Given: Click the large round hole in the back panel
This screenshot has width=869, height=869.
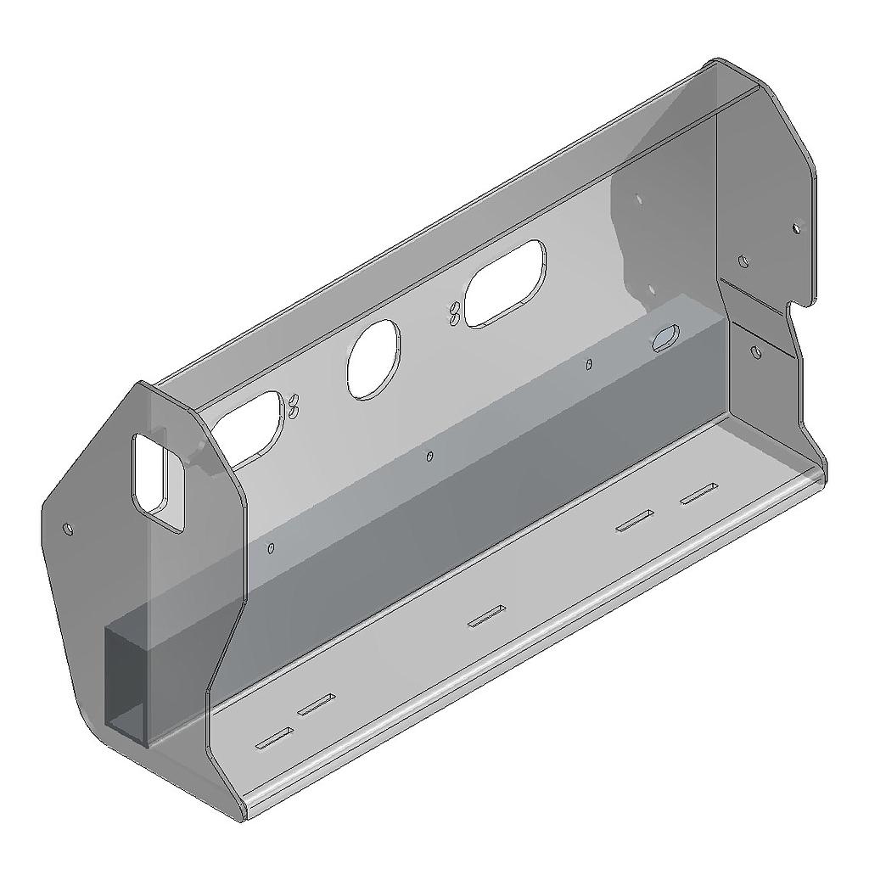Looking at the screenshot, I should pos(373,358).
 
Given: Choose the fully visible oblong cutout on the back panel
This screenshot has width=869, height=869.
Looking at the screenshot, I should pos(505,284).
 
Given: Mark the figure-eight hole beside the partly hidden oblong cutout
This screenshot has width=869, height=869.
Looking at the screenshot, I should pos(294,406).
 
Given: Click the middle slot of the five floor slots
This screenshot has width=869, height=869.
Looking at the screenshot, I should pos(487,617).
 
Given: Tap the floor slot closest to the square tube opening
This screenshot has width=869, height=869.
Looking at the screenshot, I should pos(274,740).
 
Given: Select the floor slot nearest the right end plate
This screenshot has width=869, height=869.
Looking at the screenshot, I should pos(698,493).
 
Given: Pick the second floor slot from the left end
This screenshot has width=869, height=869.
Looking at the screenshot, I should pos(317,704).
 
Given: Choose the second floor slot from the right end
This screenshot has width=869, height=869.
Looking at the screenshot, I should pos(635,520).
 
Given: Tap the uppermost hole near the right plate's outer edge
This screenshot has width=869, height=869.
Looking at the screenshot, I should pos(795,229).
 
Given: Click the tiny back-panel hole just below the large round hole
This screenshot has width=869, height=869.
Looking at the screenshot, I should pos(430,457).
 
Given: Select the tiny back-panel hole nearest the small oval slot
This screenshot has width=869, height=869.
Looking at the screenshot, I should pos(590,365).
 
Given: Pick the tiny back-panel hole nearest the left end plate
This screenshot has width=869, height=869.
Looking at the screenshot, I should pos(271,548).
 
